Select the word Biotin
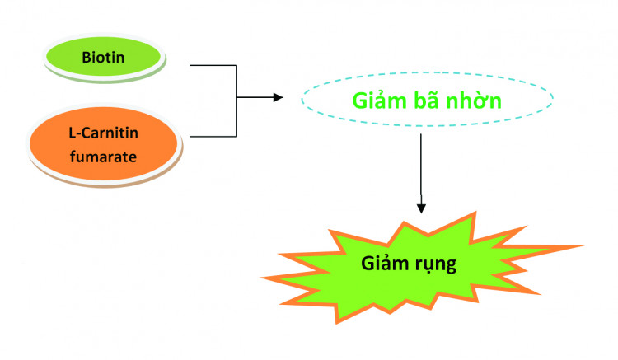(102, 58)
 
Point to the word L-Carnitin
(102, 133)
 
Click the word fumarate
(102, 154)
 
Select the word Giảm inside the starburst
(389, 265)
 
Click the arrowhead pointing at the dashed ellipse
(278, 98)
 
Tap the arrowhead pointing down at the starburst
(421, 208)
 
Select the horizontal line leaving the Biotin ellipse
(213, 65)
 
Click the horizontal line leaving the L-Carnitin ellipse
(213, 136)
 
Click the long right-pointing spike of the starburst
(569, 246)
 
